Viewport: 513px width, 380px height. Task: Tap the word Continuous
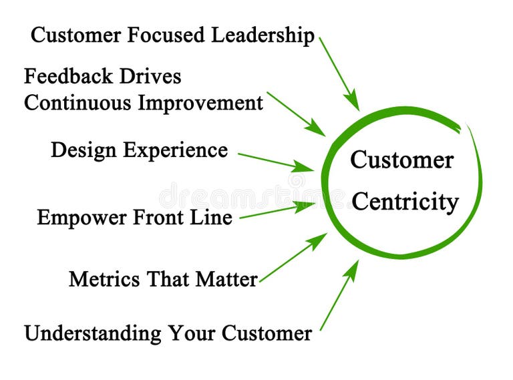[x=79, y=104]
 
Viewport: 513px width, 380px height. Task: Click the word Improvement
[x=201, y=104]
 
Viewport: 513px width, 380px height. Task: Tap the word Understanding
[x=93, y=333]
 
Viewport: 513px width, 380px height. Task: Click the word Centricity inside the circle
[x=405, y=202]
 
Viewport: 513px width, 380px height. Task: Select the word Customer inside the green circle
[x=401, y=160]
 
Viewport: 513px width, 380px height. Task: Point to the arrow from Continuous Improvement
[x=295, y=114]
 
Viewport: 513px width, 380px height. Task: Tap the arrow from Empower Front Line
[x=277, y=210]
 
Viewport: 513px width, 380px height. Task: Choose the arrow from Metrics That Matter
[x=293, y=258]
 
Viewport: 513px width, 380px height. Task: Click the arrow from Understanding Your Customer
[x=339, y=295]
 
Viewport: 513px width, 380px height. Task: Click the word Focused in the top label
[x=166, y=35]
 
